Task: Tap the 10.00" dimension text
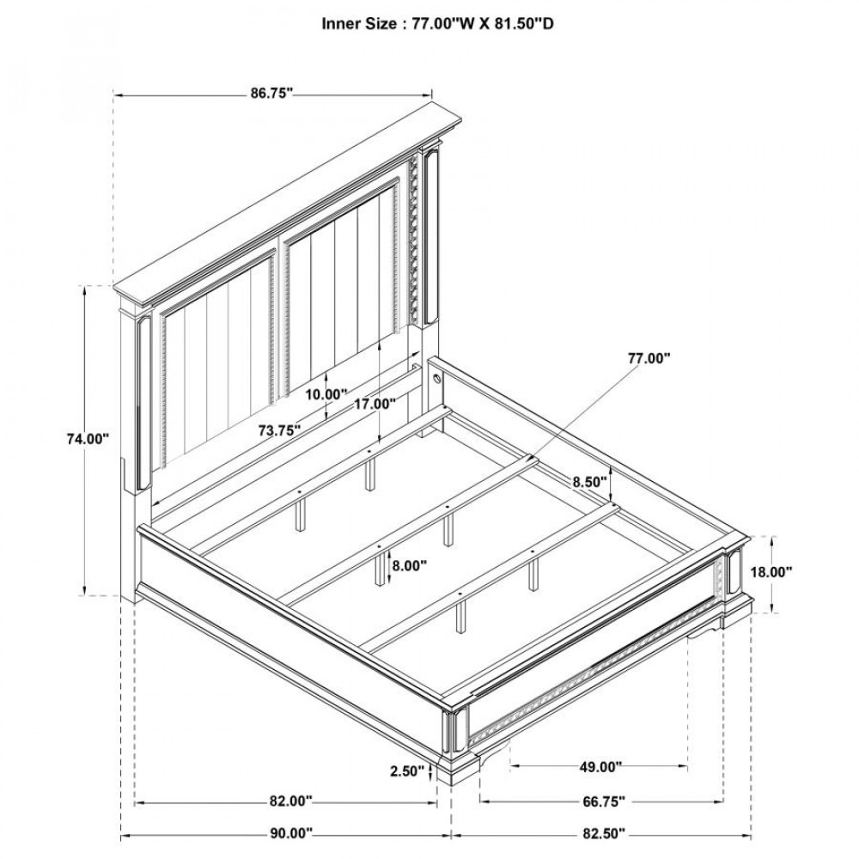click(x=326, y=394)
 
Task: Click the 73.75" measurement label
click(x=280, y=430)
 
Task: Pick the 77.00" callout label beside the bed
click(x=649, y=359)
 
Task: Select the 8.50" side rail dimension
click(x=589, y=483)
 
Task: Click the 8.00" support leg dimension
click(x=409, y=565)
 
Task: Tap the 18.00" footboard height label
click(x=771, y=572)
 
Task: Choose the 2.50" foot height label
click(x=407, y=771)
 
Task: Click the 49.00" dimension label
click(x=600, y=767)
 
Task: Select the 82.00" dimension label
click(x=289, y=801)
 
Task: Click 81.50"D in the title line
click(x=521, y=24)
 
